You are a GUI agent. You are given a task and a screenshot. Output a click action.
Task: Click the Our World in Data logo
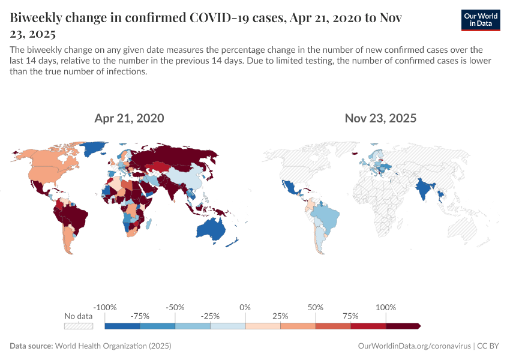click(480, 20)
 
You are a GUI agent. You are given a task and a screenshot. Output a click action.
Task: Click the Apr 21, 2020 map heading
click(129, 118)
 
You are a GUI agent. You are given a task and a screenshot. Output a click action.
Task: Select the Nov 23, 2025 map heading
click(380, 118)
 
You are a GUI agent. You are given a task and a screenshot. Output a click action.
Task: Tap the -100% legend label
click(105, 307)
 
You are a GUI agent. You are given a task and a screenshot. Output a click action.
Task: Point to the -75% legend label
click(140, 316)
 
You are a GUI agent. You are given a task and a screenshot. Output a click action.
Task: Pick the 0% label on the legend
click(245, 307)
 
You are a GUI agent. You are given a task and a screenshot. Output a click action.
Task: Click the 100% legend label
click(386, 307)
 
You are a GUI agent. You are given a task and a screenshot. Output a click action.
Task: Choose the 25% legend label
click(280, 316)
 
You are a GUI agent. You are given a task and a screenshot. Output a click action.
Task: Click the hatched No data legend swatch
click(79, 326)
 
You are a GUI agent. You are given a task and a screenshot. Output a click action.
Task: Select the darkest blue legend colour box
click(122, 326)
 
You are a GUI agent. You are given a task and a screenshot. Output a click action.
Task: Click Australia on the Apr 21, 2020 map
click(213, 230)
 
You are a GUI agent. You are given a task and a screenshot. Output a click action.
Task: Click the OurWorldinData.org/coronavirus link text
click(413, 346)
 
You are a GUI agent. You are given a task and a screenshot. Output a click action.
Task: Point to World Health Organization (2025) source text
click(113, 346)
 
